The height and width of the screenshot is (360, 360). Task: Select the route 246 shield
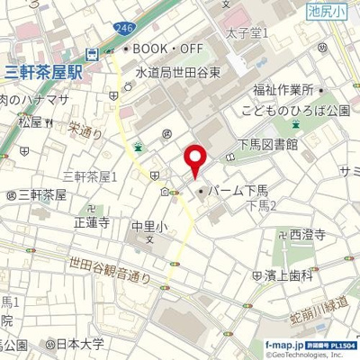[121, 31]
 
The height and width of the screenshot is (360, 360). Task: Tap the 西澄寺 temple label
[306, 233]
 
